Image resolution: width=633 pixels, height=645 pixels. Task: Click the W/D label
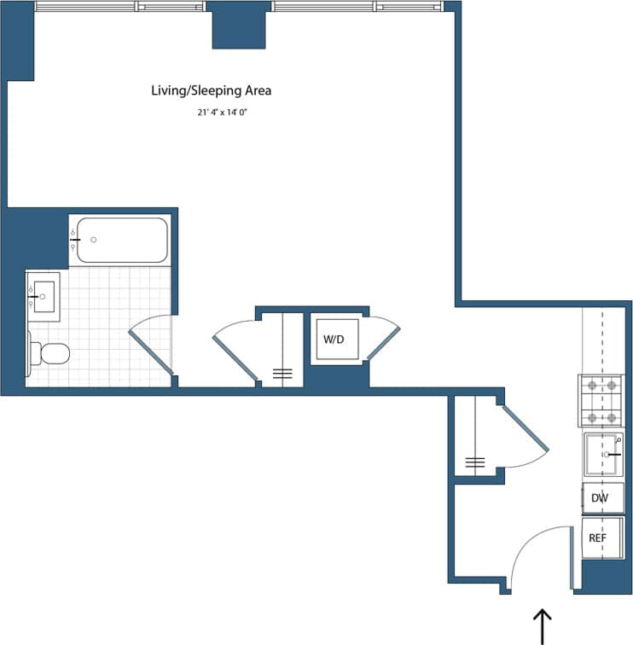click(x=333, y=340)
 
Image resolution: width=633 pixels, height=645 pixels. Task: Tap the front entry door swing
click(x=537, y=555)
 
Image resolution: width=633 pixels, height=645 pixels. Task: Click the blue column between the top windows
click(x=238, y=26)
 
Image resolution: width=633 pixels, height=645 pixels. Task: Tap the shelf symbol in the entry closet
click(x=475, y=463)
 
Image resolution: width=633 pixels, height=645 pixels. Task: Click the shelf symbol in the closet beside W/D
click(x=282, y=373)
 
